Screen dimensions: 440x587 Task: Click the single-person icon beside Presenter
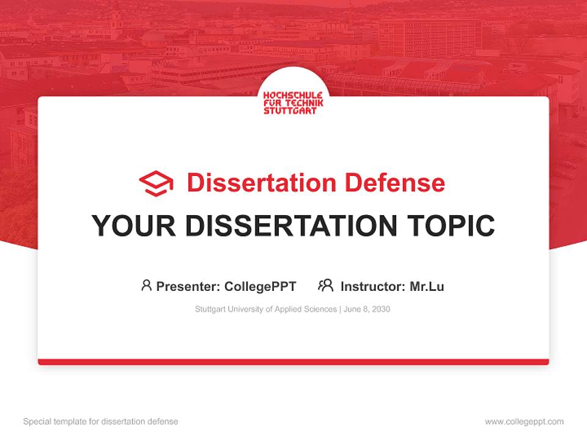tap(146, 285)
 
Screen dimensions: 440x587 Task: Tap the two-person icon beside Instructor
tap(326, 285)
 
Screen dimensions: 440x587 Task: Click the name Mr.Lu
tap(427, 286)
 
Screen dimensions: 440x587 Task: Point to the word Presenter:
tap(188, 286)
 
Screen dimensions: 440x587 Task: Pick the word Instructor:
tap(372, 286)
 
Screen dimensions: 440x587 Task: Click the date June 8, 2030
tap(367, 309)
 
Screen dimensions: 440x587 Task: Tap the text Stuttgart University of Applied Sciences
tap(265, 309)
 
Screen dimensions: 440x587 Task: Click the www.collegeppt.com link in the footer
tap(524, 422)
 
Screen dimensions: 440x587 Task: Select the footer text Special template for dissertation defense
tap(101, 422)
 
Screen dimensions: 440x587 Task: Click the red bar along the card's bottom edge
tap(293, 362)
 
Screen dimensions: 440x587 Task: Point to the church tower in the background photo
tap(114, 18)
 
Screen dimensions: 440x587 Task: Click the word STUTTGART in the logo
tap(290, 111)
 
